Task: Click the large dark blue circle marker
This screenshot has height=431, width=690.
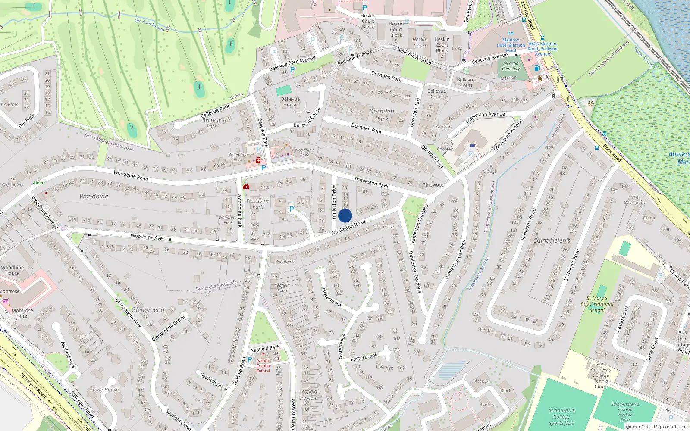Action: click(x=345, y=215)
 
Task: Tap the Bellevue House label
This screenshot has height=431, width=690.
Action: click(x=290, y=102)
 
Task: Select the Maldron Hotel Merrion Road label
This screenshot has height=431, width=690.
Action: click(x=511, y=45)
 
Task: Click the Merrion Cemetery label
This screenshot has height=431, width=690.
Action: click(x=511, y=66)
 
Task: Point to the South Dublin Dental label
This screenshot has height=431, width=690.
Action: click(x=263, y=365)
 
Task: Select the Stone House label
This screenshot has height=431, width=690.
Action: click(x=104, y=390)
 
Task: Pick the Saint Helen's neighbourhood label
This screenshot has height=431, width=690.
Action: click(x=552, y=240)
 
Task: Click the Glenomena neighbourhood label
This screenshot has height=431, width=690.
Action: click(x=148, y=310)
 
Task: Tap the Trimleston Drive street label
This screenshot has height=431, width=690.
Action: click(x=334, y=203)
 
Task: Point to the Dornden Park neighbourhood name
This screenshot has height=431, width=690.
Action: click(x=382, y=115)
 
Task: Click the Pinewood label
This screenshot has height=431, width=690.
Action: click(x=433, y=185)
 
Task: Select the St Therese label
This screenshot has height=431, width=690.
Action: click(x=383, y=227)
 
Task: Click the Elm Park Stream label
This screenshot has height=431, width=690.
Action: click(x=149, y=25)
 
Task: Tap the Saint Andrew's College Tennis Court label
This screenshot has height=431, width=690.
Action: click(x=600, y=375)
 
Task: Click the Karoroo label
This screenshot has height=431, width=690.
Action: click(x=443, y=127)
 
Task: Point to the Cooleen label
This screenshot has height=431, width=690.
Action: click(x=445, y=149)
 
